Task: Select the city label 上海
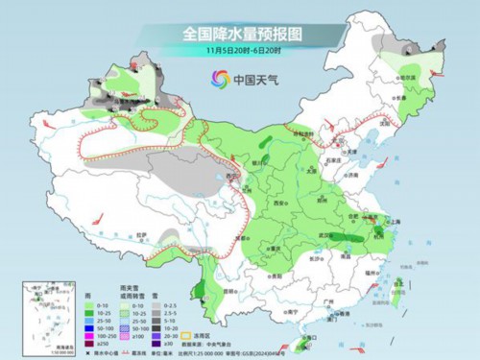[x=392, y=220]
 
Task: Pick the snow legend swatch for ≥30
[x=174, y=341]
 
